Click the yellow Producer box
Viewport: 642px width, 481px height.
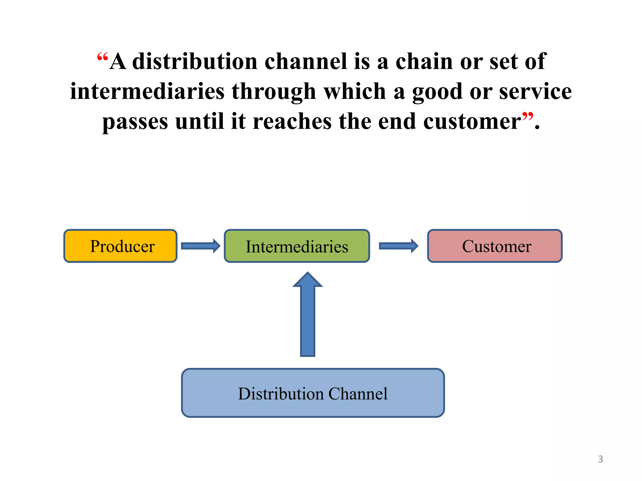[120, 246]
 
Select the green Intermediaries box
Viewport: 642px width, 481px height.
[297, 246]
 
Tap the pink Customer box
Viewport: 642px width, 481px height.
[495, 246]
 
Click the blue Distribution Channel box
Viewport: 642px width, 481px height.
[313, 393]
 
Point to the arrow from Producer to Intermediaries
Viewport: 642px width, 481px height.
[201, 246]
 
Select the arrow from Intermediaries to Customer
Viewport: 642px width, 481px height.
[398, 246]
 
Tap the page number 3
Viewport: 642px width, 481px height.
[600, 459]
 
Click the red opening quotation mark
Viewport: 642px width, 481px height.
[103, 57]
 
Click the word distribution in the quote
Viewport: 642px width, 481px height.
[195, 61]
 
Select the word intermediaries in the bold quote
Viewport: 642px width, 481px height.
[147, 91]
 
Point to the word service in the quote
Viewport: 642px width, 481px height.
[535, 91]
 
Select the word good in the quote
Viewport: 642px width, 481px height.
[437, 91]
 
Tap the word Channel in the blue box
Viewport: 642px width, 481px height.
[358, 394]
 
